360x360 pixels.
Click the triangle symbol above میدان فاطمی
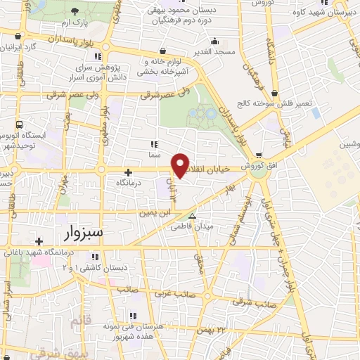pyautogui.click(x=193, y=216)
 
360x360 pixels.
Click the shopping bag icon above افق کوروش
pyautogui.click(x=259, y=156)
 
